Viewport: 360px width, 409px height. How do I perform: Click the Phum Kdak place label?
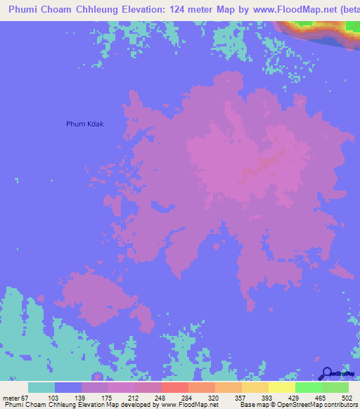click(x=84, y=124)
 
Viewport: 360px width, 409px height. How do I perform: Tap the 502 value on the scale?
click(x=348, y=397)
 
